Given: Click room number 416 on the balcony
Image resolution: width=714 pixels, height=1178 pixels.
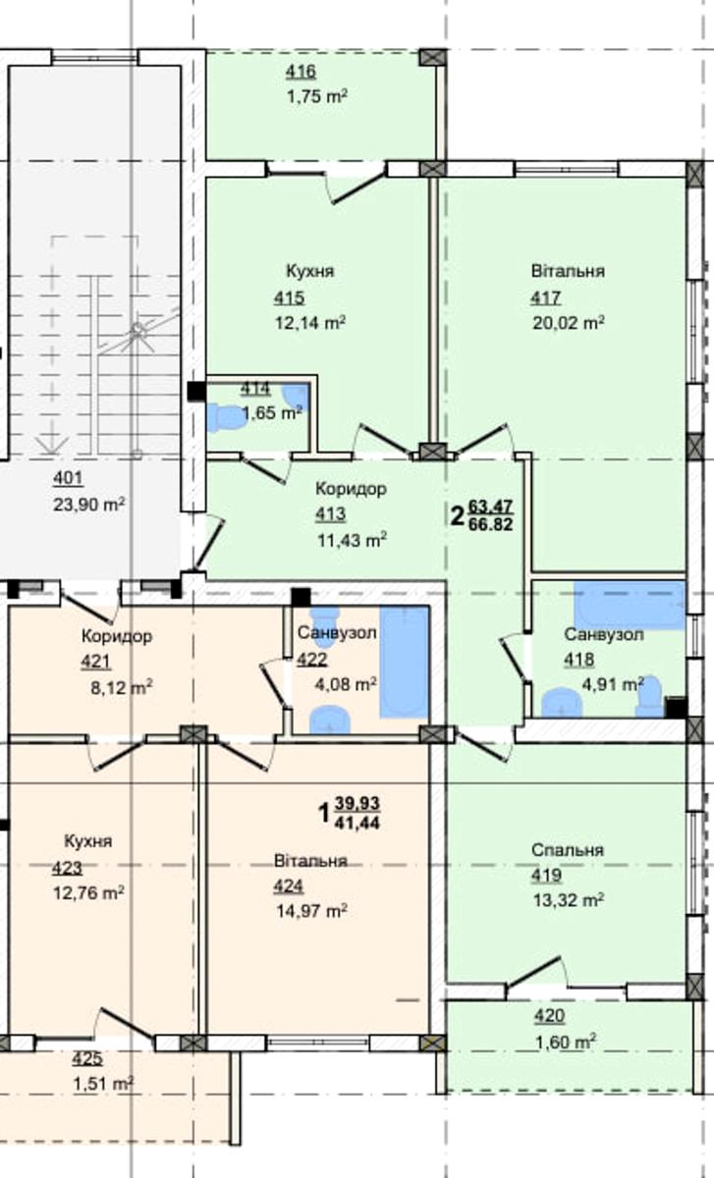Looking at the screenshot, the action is pos(301,72).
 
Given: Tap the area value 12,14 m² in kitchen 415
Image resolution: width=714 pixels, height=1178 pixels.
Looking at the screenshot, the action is pos(310,322).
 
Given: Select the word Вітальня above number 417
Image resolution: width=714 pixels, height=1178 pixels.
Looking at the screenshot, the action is pos(568,271).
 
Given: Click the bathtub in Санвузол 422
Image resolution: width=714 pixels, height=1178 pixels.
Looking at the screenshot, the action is pos(404,662).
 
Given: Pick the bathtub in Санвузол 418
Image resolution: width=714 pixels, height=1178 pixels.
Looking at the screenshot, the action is pos(630,605).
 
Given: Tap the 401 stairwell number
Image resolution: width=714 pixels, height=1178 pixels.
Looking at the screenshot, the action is pos(68,479).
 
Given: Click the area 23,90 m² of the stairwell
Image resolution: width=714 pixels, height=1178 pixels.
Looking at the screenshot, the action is pos(89,505).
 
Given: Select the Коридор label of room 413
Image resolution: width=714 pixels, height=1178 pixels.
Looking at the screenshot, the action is pos(351,489).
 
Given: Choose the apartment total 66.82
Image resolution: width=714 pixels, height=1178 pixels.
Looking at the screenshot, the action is pos(490,524).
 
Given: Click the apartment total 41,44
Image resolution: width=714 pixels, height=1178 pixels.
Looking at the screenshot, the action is pos(357,823).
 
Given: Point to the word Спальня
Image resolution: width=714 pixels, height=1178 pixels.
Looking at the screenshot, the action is pos(568,850).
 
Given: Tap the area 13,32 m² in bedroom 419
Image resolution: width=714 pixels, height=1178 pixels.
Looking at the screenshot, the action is pos(569,900).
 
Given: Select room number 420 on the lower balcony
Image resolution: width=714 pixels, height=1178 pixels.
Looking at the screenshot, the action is pos(549,1016).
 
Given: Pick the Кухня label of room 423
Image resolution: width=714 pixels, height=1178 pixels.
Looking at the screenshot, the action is pos(87,841).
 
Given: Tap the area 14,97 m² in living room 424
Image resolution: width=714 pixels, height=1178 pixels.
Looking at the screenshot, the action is pos(311,910).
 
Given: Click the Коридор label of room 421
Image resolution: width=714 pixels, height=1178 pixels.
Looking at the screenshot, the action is pos(117,636).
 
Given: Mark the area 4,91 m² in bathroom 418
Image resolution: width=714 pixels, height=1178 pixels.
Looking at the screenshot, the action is pos(613,685).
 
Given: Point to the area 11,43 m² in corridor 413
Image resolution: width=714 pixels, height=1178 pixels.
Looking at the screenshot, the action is pos(352,540).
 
